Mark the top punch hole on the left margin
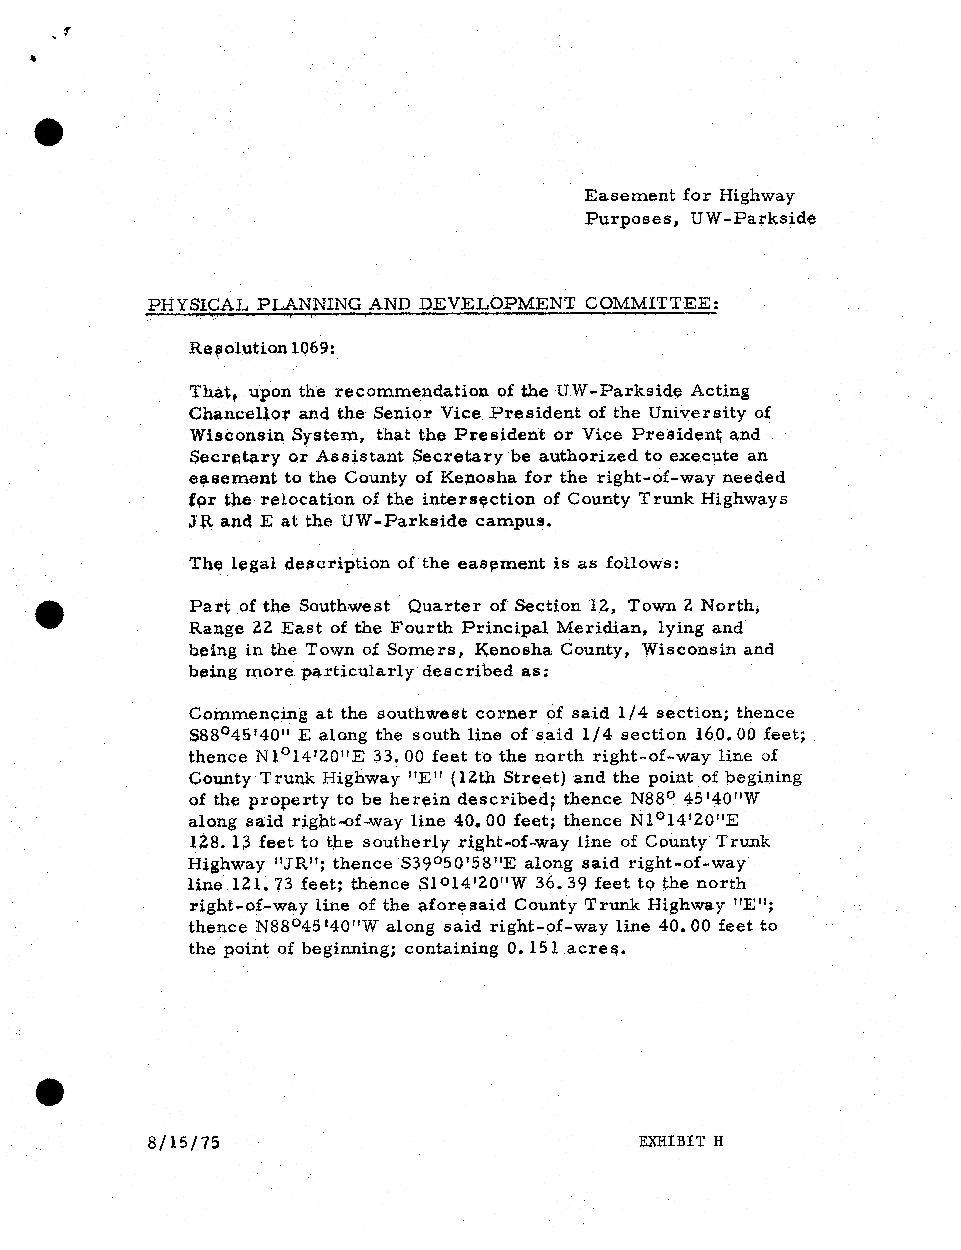(x=49, y=132)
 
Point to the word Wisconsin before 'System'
(x=237, y=435)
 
